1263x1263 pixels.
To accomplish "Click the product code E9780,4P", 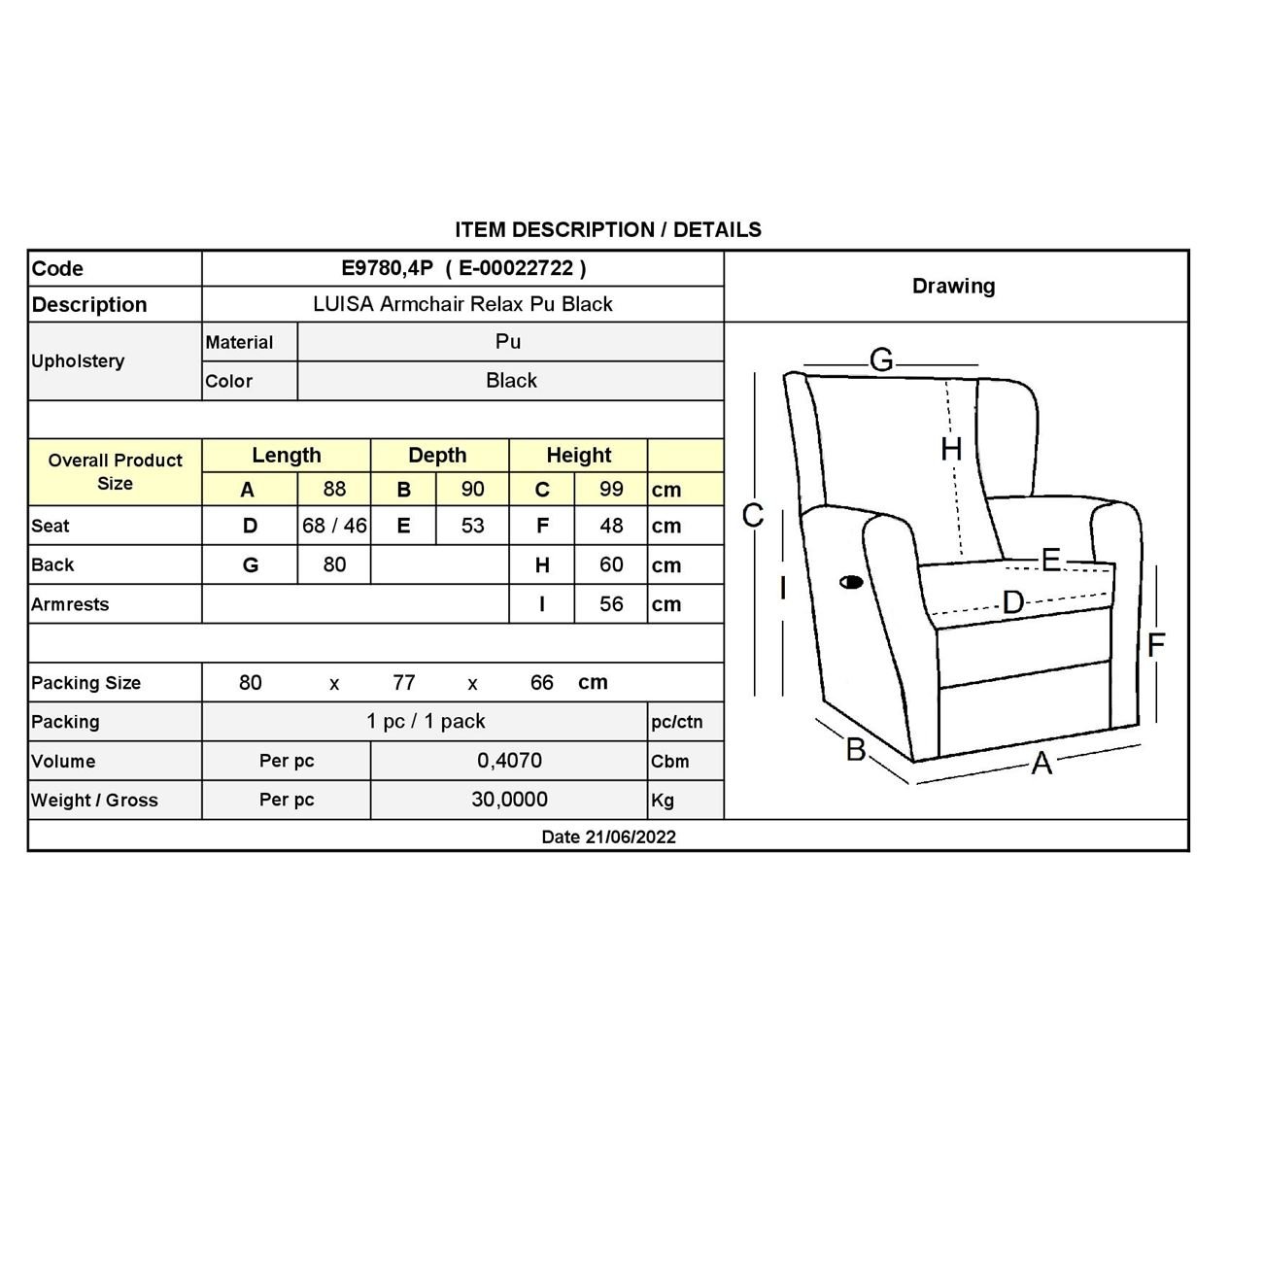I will click(388, 268).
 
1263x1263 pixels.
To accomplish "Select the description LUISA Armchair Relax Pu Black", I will click(462, 304).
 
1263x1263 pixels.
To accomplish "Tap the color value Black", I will click(511, 381).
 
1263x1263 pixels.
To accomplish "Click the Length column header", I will click(287, 455).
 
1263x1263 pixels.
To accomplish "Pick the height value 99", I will click(611, 489).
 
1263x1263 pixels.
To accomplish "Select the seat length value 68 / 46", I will click(334, 526).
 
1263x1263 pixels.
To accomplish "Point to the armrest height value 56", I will click(611, 603).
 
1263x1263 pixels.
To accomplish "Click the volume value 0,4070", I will click(509, 761).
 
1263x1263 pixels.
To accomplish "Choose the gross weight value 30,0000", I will click(509, 800).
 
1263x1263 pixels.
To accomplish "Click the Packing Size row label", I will click(86, 683).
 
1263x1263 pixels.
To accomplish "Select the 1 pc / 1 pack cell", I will click(426, 722).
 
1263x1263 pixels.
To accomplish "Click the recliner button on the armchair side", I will click(851, 583).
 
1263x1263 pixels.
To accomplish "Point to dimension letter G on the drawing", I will click(881, 360).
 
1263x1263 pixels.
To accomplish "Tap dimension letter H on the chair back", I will click(951, 449).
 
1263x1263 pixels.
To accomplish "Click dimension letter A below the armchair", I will click(1041, 764).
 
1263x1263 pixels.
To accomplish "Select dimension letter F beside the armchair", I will click(1155, 645).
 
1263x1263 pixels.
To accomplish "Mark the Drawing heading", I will click(954, 286).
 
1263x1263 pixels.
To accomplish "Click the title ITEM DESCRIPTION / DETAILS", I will click(608, 230).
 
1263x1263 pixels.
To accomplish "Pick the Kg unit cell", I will click(663, 801).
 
